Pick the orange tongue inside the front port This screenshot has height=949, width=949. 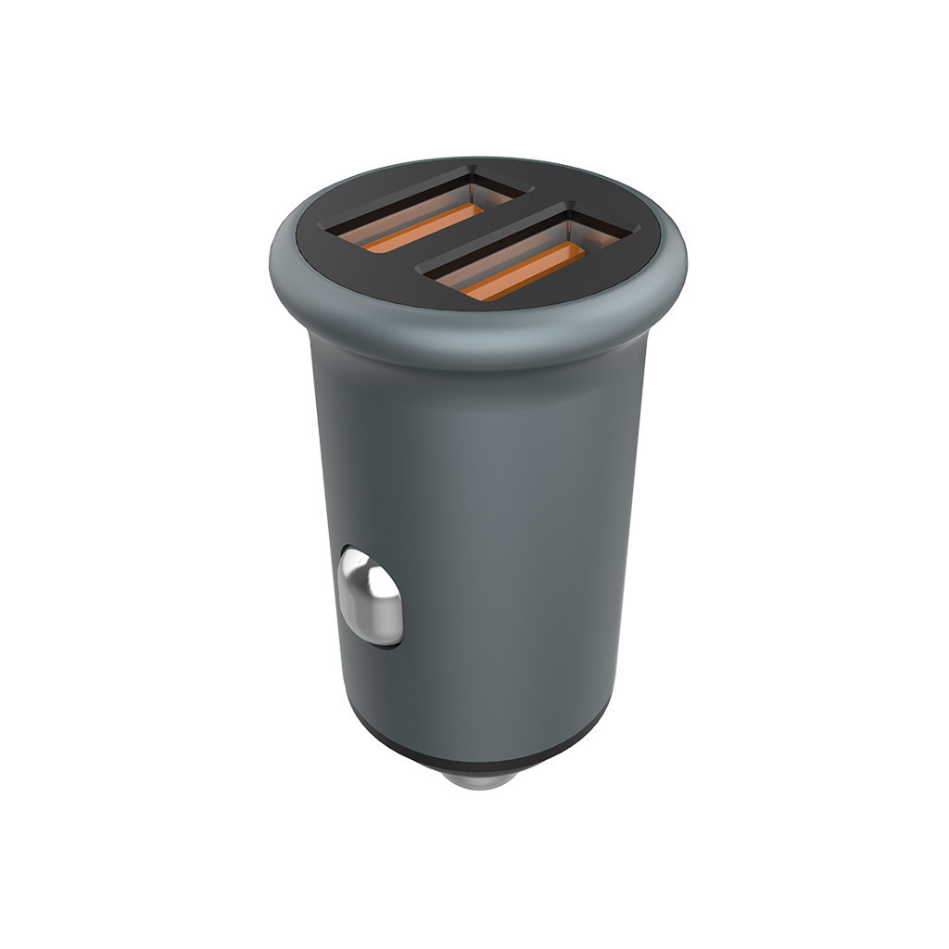[x=524, y=272]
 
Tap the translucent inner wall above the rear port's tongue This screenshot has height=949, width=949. [x=408, y=208]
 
